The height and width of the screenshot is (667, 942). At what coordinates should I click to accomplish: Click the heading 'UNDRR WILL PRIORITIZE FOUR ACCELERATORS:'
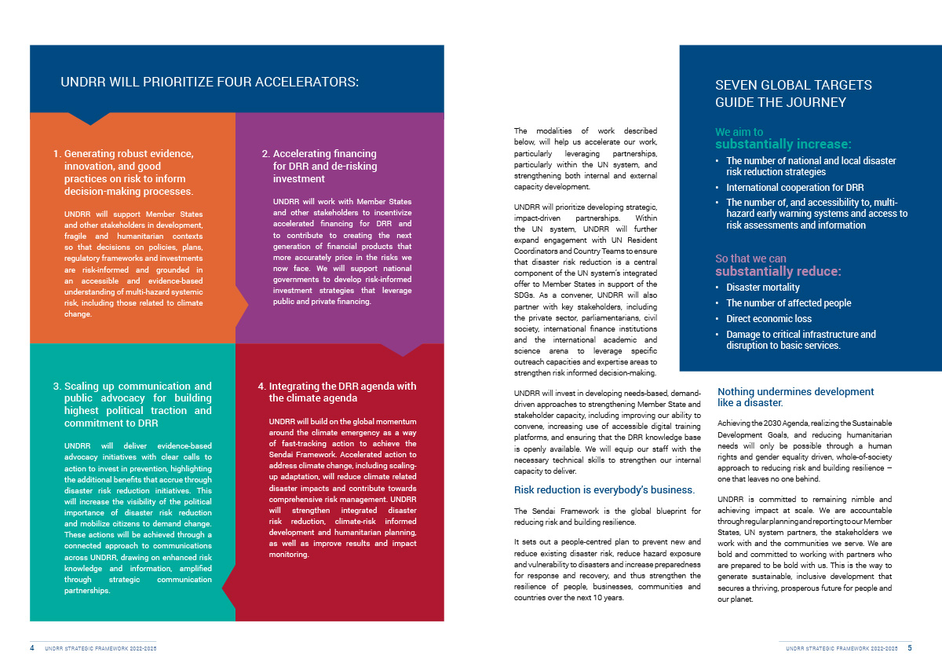(x=210, y=82)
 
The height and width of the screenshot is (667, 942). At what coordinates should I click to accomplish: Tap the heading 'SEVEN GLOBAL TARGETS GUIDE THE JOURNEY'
(x=793, y=93)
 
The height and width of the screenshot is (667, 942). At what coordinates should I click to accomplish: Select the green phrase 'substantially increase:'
(x=783, y=145)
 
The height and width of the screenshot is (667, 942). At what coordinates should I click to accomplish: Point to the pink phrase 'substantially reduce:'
(x=778, y=272)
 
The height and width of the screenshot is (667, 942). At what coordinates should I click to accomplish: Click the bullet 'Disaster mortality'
(x=762, y=288)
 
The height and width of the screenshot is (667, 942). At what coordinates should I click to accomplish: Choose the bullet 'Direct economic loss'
(x=769, y=319)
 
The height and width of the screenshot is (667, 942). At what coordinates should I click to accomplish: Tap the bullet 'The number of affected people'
(x=788, y=303)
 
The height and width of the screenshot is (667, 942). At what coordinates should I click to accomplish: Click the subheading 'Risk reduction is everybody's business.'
(x=604, y=490)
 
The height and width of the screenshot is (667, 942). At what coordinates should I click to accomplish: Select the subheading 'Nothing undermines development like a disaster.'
(x=795, y=397)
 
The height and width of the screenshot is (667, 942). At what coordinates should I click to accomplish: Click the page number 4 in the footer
(x=32, y=649)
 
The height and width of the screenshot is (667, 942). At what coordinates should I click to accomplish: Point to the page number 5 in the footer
(x=909, y=649)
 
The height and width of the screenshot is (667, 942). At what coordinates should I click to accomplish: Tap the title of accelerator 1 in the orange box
(x=128, y=172)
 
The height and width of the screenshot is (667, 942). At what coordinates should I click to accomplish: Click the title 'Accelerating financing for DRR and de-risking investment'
(x=324, y=166)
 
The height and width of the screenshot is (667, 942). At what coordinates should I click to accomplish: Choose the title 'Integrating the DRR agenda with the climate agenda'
(x=342, y=392)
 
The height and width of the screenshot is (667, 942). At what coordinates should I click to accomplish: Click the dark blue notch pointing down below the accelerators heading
(x=89, y=119)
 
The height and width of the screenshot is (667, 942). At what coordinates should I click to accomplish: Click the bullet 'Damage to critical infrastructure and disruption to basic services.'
(x=801, y=340)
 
